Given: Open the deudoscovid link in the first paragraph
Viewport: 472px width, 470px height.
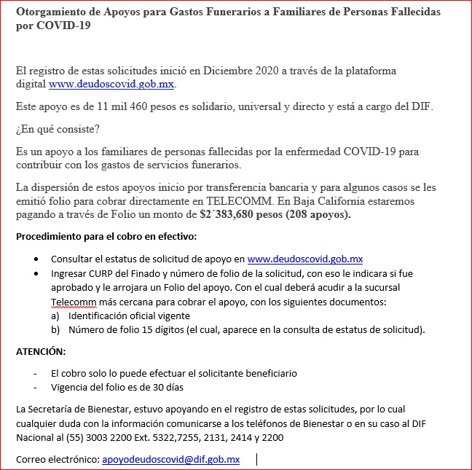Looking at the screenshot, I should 111,85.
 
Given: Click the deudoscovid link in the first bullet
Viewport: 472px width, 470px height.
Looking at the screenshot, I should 305,259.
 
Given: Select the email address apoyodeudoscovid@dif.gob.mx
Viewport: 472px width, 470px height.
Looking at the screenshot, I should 170,459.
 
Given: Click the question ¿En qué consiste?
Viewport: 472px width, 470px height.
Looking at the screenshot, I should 58,130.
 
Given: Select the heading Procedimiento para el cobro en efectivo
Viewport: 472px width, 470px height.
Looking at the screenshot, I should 106,238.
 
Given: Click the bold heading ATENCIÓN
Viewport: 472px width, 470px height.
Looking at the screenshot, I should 41,351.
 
